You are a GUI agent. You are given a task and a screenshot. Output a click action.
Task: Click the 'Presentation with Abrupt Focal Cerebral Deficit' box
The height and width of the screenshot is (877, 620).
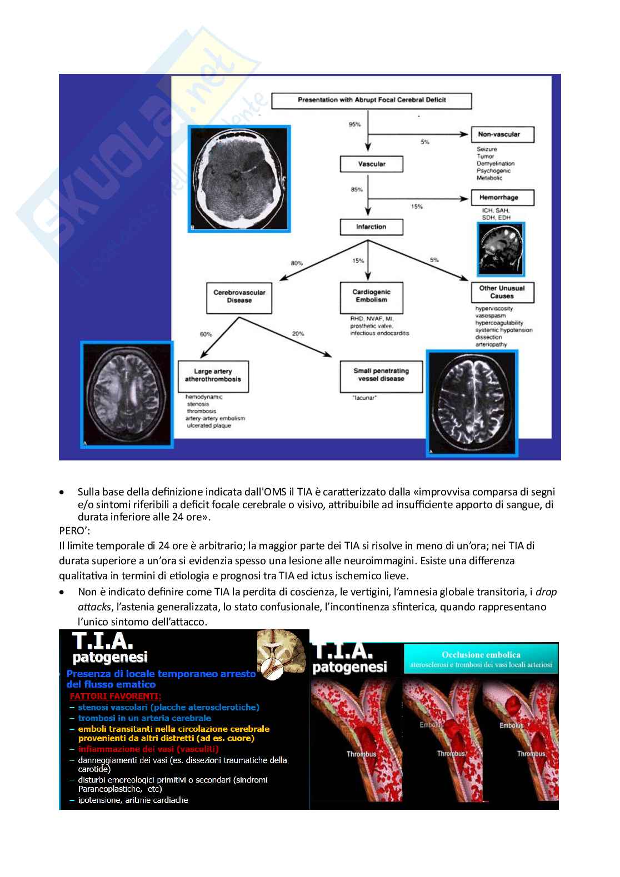(371, 101)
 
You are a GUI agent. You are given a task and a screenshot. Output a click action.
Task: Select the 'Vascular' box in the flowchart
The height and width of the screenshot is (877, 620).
(371, 164)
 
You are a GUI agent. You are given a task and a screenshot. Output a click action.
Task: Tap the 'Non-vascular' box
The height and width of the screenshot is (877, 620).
(503, 134)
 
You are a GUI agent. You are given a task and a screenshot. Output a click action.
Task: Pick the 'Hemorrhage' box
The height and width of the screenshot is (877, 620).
(503, 197)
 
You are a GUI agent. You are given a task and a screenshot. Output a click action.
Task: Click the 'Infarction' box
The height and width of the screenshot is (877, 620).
(371, 227)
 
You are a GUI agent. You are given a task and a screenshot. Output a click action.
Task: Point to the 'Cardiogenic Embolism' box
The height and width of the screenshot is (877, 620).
(371, 296)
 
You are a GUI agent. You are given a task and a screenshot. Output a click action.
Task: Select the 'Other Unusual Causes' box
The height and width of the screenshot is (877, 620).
(502, 292)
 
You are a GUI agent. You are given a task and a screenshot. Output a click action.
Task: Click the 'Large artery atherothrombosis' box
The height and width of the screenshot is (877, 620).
(213, 375)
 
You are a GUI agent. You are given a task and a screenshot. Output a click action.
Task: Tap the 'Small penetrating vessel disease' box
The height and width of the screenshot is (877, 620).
(381, 375)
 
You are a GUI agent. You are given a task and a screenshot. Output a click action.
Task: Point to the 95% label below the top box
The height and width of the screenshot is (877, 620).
(354, 124)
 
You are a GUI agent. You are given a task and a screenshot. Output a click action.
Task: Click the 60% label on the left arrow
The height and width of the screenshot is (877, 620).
(206, 334)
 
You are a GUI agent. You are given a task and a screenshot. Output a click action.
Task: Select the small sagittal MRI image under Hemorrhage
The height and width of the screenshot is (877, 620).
(500, 245)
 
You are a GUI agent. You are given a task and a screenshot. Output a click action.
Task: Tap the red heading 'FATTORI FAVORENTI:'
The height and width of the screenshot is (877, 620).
(116, 696)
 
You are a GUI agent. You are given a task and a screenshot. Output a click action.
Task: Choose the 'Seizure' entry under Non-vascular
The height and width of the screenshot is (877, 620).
(487, 149)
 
